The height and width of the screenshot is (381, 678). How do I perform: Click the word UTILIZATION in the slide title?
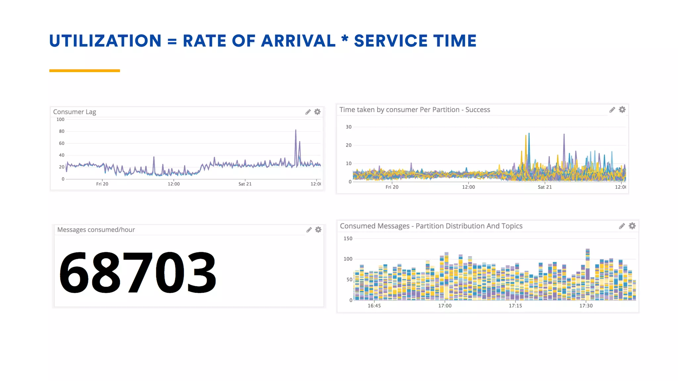tap(105, 41)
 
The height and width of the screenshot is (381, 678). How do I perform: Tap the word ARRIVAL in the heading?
tap(298, 41)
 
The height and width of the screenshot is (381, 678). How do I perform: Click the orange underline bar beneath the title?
tap(84, 70)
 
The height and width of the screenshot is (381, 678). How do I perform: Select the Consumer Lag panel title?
tap(74, 112)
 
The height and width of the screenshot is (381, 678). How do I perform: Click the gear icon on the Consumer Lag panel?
tap(317, 112)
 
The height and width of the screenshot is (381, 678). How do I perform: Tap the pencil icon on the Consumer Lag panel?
tap(308, 112)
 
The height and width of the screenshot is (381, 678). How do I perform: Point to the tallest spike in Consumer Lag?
tap(296, 131)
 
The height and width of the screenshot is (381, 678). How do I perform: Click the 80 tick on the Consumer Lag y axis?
tap(62, 131)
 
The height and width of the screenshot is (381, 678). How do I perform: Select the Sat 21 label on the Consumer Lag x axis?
tap(245, 184)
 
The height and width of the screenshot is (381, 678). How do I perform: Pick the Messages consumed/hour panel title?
tap(96, 230)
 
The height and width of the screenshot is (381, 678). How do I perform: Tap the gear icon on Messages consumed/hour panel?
tap(318, 230)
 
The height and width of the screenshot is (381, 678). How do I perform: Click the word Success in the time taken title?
tap(477, 110)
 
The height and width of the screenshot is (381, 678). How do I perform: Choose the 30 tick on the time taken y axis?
tap(349, 127)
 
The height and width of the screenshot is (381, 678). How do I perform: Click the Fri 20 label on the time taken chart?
tap(392, 187)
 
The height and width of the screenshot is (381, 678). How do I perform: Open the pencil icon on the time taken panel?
tap(612, 110)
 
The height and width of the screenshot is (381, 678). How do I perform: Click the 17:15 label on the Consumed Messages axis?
tap(515, 306)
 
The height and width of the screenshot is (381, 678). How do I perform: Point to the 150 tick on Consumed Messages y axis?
tap(348, 238)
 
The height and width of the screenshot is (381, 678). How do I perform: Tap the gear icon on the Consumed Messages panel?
tap(632, 226)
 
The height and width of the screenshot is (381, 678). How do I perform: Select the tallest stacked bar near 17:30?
tap(588, 275)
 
